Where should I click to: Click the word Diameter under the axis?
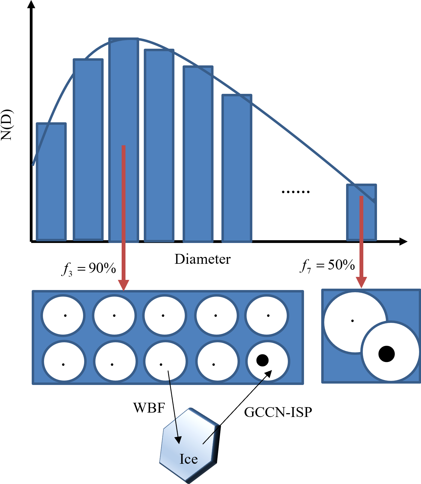[x=203, y=259]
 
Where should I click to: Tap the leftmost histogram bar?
[x=51, y=182]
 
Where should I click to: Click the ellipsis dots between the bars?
[x=296, y=192]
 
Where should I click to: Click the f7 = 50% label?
[x=327, y=265]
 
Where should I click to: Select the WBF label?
[x=149, y=408]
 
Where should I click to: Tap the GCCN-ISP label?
[x=278, y=412]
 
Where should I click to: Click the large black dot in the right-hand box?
[x=387, y=354]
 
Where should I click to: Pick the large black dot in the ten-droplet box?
[x=262, y=360]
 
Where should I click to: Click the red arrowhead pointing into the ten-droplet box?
[x=124, y=285]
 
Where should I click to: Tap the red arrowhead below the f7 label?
[x=361, y=282]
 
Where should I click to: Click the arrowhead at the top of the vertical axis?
[x=31, y=5]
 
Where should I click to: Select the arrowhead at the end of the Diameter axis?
[x=403, y=241]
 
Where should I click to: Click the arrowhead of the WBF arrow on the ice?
[x=178, y=440]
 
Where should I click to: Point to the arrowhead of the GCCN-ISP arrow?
[x=268, y=374]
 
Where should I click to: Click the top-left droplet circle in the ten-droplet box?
[x=63, y=315]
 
